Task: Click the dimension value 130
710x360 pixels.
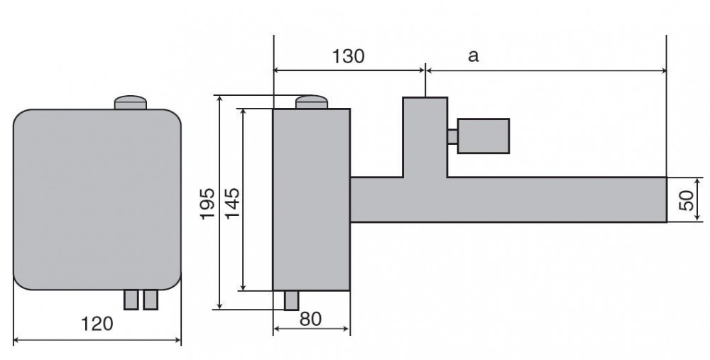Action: [x=348, y=56]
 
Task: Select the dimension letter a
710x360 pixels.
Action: [x=473, y=56]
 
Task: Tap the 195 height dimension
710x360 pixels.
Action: [x=207, y=204]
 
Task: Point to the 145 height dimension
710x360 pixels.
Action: [x=232, y=203]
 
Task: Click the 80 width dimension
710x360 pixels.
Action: [x=311, y=319]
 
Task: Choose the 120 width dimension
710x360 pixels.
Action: [x=97, y=324]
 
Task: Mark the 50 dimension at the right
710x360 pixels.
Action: [x=687, y=200]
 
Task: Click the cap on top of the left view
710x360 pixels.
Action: [x=131, y=102]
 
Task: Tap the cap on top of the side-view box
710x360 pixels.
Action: [x=312, y=102]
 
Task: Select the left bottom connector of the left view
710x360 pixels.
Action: [x=131, y=300]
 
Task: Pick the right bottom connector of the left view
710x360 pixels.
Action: [x=151, y=300]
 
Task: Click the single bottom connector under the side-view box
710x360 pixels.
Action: [x=292, y=300]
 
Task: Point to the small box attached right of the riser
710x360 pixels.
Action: [x=484, y=136]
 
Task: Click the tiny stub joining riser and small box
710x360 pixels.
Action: [x=452, y=136]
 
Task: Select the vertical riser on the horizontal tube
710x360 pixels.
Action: [x=425, y=137]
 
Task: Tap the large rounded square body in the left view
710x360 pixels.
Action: [x=97, y=200]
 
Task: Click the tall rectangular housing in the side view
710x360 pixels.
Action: [x=312, y=200]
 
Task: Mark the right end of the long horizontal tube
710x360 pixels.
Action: [x=667, y=200]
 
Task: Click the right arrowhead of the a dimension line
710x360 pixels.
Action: [x=664, y=70]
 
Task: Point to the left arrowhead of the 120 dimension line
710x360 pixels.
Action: [x=16, y=339]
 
